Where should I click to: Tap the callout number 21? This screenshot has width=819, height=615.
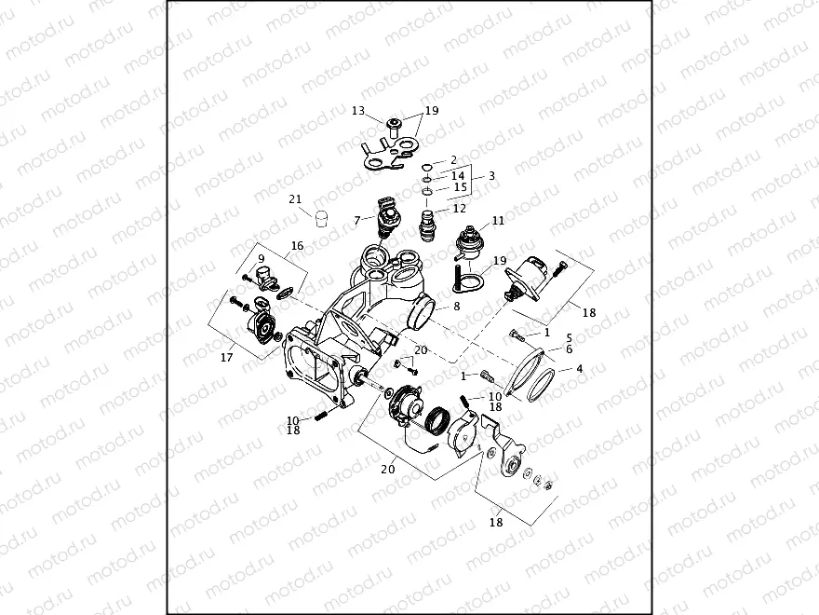click(x=295, y=198)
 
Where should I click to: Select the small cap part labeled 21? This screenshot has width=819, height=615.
click(x=322, y=220)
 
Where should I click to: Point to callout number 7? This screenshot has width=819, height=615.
click(x=356, y=220)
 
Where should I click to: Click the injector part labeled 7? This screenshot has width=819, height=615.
click(x=389, y=217)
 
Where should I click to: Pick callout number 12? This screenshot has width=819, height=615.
click(x=459, y=209)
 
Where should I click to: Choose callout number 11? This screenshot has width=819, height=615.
click(x=498, y=221)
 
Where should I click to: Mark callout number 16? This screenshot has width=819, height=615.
click(x=297, y=246)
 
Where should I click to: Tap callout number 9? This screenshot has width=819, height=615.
click(x=262, y=258)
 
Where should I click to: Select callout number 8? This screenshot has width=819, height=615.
click(x=456, y=306)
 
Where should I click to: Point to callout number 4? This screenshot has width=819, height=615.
click(x=580, y=369)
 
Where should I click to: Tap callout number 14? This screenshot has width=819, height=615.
click(x=458, y=175)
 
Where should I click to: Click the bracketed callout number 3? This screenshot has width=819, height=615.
click(x=492, y=175)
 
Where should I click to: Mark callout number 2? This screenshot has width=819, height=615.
click(x=453, y=159)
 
